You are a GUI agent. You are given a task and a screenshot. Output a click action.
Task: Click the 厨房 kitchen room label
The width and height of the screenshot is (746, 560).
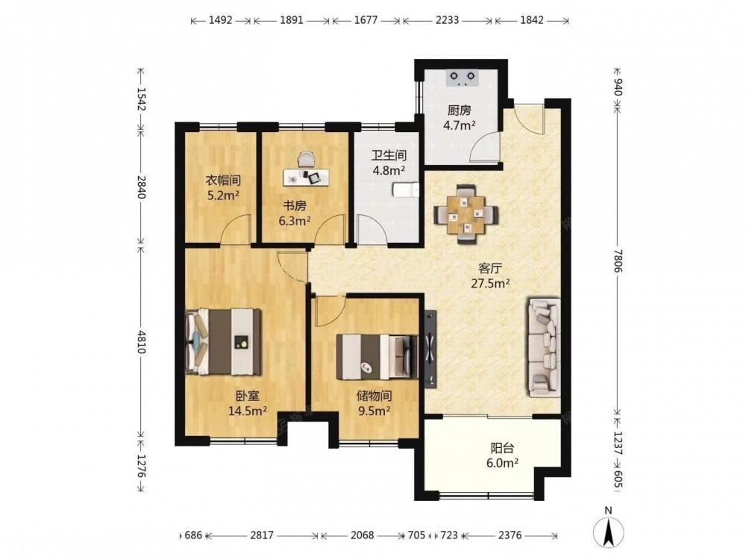pyautogui.click(x=459, y=111)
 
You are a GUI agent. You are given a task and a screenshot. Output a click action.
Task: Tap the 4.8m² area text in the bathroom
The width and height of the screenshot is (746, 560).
pyautogui.click(x=389, y=170)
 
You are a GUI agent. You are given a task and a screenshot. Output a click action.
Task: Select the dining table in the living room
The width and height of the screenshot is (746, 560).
pyautogui.click(x=466, y=214)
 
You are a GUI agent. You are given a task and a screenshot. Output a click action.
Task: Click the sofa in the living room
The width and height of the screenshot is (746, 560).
pyautogui.click(x=543, y=347)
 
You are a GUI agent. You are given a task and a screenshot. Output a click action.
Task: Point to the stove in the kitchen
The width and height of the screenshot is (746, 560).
pyautogui.click(x=462, y=78)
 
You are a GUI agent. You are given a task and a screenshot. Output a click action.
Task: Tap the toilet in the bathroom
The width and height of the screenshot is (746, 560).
pyautogui.click(x=405, y=190)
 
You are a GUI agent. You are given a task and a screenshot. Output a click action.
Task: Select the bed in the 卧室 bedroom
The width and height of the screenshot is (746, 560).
pyautogui.click(x=223, y=341)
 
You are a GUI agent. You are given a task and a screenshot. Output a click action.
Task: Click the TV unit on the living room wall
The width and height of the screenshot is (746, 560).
pyautogui.click(x=430, y=347)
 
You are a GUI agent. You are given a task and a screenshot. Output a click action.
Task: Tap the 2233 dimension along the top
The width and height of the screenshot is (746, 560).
pyautogui.click(x=447, y=20)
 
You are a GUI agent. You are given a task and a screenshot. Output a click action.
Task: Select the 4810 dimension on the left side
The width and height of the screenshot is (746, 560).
pyautogui.click(x=141, y=341)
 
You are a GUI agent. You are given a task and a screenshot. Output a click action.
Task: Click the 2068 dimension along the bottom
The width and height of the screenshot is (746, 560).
pyautogui.click(x=362, y=535)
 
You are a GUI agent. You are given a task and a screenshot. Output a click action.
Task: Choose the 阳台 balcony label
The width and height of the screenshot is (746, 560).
pyautogui.click(x=502, y=448)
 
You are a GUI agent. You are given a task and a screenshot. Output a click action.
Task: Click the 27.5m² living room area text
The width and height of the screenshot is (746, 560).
pyautogui.click(x=491, y=284)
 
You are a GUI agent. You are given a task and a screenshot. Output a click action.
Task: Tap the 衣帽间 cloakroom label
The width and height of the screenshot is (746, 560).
pyautogui.click(x=222, y=181)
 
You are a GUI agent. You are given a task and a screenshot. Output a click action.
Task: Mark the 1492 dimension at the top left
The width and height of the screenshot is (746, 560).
pyautogui.click(x=220, y=20)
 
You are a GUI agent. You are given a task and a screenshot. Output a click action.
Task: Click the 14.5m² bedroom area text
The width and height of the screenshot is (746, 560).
pyautogui.click(x=248, y=411)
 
